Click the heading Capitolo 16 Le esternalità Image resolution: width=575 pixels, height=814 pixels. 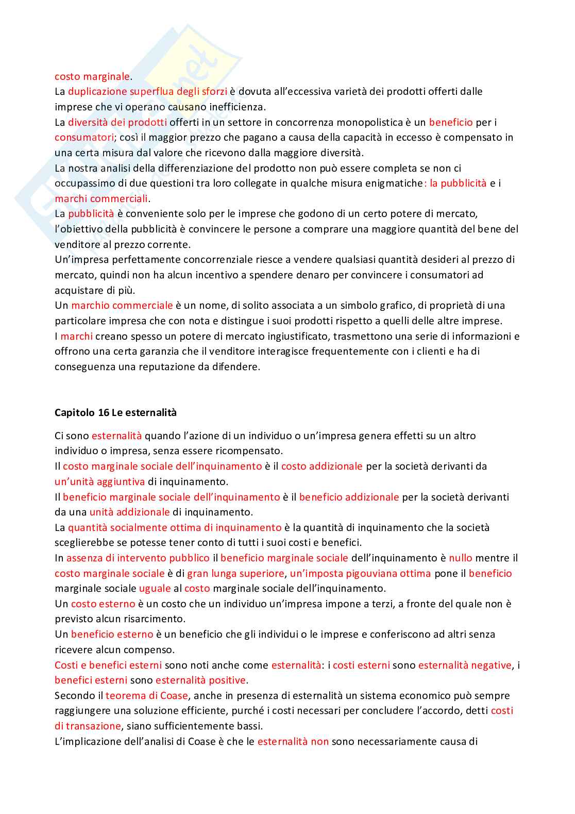115,412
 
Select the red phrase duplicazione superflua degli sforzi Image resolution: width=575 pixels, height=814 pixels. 147,92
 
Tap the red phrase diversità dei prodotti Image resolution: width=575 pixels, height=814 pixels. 117,122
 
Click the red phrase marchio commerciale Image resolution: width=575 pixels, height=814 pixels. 122,305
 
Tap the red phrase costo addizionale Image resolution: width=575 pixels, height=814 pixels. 322,466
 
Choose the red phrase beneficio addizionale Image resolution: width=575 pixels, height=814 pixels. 349,497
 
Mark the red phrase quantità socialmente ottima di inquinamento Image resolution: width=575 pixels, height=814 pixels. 175,527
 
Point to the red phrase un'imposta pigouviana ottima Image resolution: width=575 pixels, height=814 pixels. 360,573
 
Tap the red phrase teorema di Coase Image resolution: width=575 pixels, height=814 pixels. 147,695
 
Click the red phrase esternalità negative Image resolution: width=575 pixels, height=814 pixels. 465,665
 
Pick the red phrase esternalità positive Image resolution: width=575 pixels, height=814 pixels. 201,680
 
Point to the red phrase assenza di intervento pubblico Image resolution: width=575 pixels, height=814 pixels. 138,558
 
